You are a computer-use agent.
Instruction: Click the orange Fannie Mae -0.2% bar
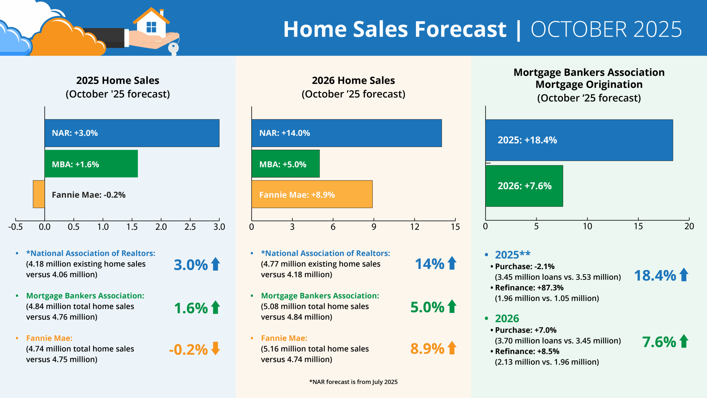click(39, 194)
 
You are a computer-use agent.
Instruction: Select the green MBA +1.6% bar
click(91, 164)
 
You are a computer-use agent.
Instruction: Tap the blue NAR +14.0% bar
click(346, 133)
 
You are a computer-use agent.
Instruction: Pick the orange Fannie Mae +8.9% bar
click(312, 194)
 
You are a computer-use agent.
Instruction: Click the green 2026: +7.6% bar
click(524, 186)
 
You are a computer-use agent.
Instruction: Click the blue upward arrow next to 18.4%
click(684, 275)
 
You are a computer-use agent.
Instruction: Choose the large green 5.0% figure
click(427, 307)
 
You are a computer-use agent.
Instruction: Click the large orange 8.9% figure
click(427, 349)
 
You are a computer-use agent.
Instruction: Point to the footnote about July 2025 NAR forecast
click(353, 382)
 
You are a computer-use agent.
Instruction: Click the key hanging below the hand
click(173, 48)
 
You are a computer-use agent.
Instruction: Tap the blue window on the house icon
click(151, 27)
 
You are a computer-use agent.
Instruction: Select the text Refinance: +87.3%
click(529, 288)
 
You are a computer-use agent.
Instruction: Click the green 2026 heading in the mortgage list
click(507, 318)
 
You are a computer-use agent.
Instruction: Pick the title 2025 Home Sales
click(118, 80)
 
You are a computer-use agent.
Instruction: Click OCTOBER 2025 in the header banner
click(606, 29)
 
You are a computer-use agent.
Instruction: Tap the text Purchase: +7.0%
click(526, 330)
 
